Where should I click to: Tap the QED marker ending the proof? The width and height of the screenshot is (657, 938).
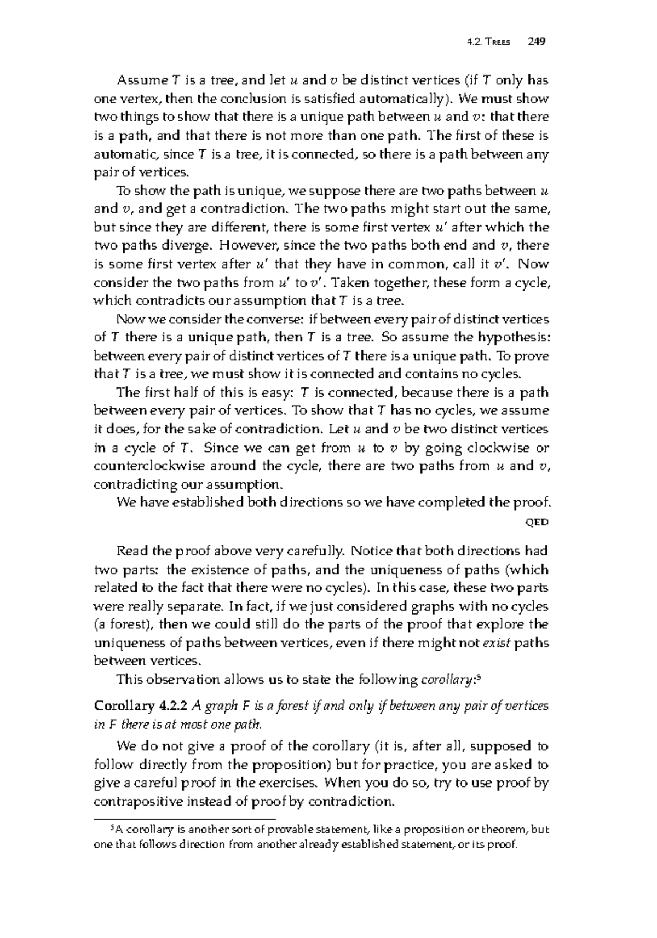(537, 522)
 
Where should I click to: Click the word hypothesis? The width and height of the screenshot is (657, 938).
(511, 338)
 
